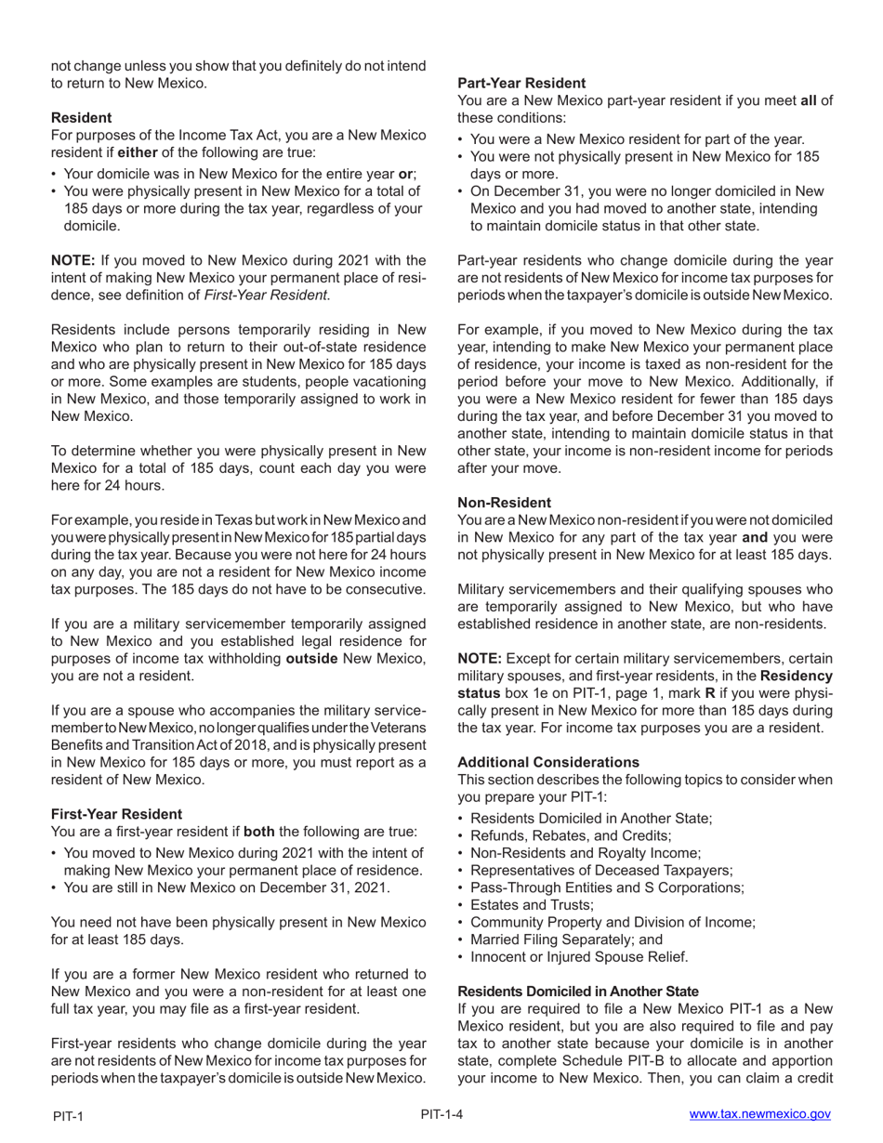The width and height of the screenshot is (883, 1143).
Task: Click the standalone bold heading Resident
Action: coord(81,117)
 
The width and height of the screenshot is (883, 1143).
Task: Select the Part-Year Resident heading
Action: coord(521,83)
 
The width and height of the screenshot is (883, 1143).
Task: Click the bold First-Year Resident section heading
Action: coord(116,813)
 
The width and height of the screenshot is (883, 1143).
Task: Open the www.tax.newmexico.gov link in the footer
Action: coord(759,1114)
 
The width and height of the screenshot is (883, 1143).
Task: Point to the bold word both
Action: coord(258,832)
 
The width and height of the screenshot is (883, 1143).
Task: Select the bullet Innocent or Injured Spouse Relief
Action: coord(579,957)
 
